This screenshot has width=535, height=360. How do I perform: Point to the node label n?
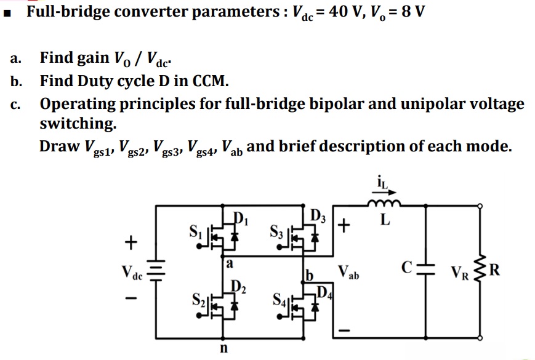tap(224, 348)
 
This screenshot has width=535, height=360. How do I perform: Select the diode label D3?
tap(318, 217)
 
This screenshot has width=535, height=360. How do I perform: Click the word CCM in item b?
tap(207, 81)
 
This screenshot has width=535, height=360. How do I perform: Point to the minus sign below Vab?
tap(345, 332)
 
